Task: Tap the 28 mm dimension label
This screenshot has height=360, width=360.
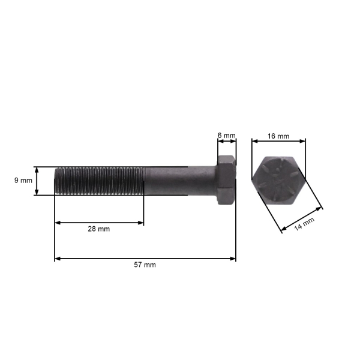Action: [100, 229]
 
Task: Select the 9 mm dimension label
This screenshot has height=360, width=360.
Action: [22, 181]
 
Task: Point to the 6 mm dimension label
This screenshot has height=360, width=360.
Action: [226, 136]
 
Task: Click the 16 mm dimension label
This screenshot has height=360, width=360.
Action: [278, 136]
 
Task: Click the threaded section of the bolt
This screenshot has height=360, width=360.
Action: [99, 181]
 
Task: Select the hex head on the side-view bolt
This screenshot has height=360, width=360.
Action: [226, 180]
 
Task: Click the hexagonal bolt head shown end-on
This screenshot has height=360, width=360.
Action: [278, 181]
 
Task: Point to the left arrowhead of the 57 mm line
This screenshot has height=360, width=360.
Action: [58, 259]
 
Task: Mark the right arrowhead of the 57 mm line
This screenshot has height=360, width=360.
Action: [233, 259]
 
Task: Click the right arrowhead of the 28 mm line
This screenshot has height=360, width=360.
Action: [141, 223]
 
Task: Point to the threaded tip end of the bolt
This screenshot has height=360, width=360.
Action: [56, 181]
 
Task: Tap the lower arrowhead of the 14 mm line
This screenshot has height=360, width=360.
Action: [283, 230]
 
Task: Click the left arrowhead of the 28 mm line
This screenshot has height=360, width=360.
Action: [58, 223]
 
